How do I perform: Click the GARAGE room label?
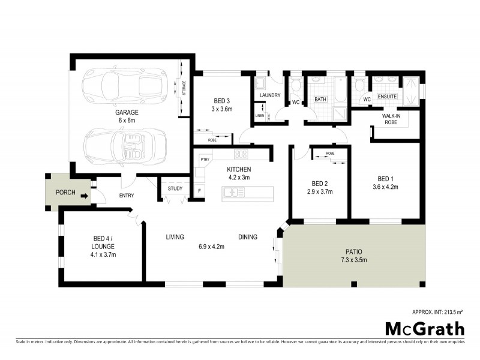click(x=127, y=112)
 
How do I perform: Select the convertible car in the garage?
click(x=125, y=145)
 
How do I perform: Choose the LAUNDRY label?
click(x=269, y=95)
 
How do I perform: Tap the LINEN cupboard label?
click(x=260, y=115)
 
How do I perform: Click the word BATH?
click(x=320, y=100)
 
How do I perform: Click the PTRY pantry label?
click(x=205, y=159)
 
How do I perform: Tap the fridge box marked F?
click(x=199, y=191)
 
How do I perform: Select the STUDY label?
click(x=175, y=189)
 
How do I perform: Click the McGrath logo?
click(x=424, y=328)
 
